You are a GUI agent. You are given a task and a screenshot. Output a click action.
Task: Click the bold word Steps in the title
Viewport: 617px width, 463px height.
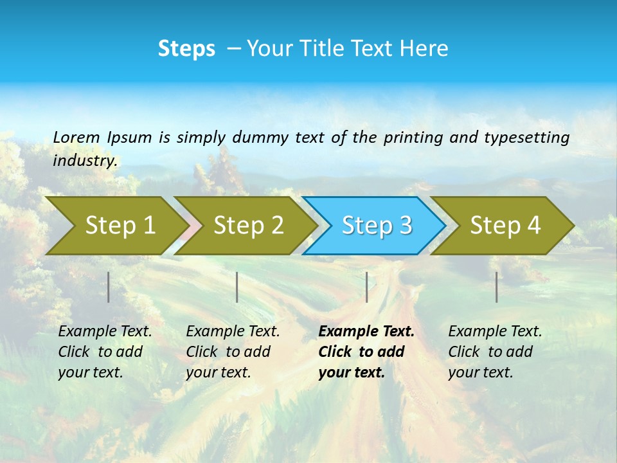click(x=186, y=49)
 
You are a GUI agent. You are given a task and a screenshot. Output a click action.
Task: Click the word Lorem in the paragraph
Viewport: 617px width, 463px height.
click(x=76, y=137)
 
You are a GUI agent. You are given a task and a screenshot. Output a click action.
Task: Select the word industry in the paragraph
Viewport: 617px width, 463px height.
click(x=85, y=160)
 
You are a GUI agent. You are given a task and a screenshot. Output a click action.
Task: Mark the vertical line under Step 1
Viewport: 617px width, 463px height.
click(x=109, y=287)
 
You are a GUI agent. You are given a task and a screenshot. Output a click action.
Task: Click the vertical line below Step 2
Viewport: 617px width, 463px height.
click(x=237, y=287)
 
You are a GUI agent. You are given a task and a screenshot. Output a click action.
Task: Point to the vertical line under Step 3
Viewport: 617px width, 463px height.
click(x=367, y=287)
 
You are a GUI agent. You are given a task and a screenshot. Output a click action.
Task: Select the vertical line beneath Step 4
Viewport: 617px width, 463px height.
click(x=497, y=287)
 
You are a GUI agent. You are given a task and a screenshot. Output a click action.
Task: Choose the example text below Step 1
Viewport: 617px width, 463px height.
click(x=105, y=352)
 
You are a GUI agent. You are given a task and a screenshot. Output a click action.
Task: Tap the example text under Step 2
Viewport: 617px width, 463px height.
click(x=233, y=352)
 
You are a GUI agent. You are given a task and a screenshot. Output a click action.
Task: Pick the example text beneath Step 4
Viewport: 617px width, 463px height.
click(x=495, y=352)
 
